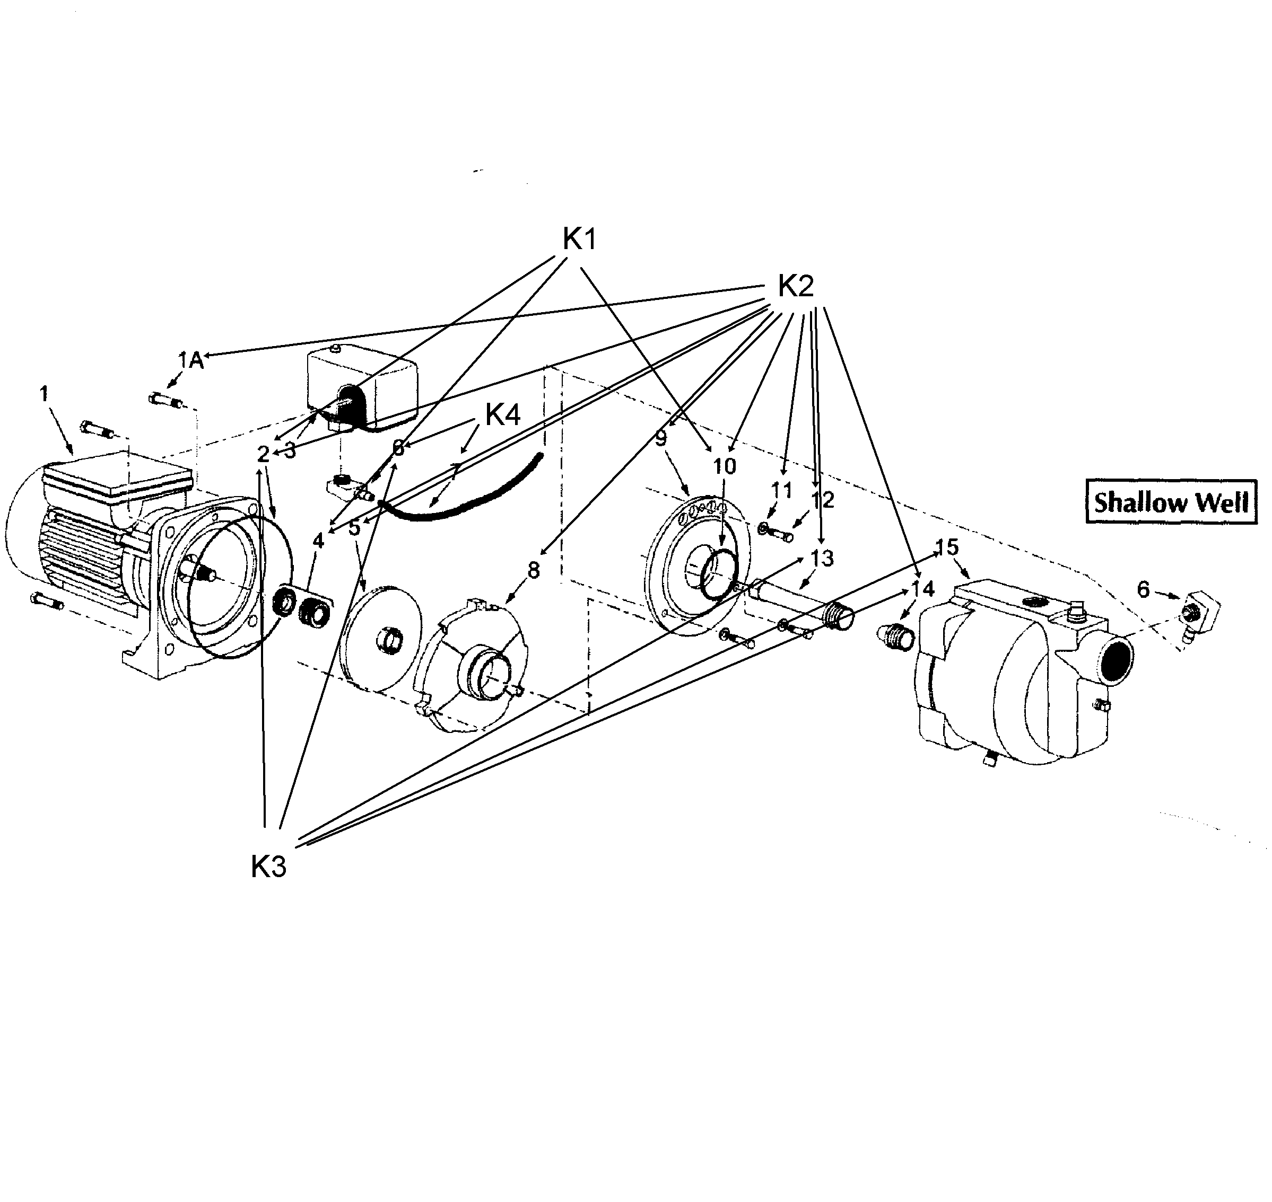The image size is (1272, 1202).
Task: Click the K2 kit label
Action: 795,286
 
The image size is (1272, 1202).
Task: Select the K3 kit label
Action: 268,867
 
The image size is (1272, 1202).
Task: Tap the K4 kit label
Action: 503,415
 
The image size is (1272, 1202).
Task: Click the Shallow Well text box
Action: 1171,502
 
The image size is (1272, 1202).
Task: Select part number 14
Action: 922,588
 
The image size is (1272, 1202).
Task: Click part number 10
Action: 725,466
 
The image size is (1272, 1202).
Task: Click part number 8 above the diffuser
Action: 534,569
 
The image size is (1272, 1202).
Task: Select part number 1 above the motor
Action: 43,393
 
